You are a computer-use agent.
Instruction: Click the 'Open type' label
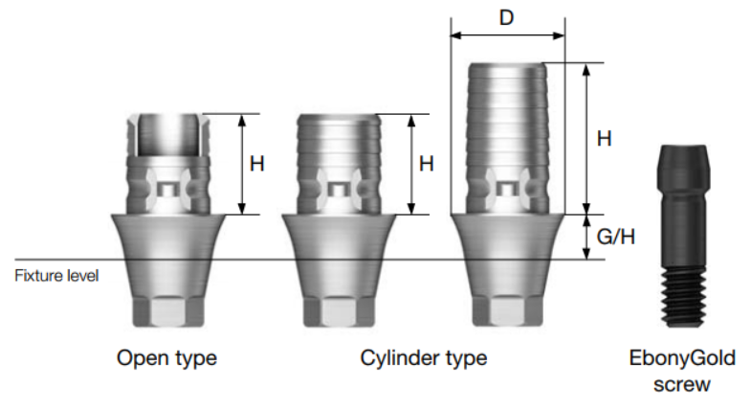166,359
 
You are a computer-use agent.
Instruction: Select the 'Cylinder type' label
423,359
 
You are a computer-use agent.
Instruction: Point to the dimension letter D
507,17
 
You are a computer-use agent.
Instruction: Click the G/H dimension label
614,237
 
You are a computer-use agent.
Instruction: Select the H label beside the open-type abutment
256,164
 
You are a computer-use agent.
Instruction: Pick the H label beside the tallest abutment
604,139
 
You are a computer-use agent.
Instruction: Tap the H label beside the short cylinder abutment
427,164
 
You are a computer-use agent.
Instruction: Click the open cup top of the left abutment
167,133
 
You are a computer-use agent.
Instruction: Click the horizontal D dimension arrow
507,36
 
